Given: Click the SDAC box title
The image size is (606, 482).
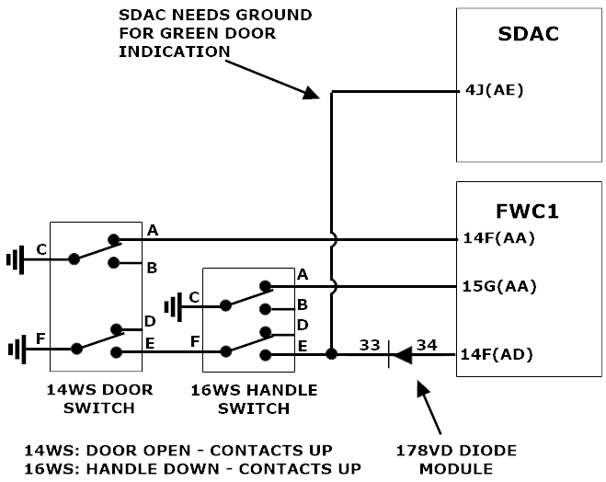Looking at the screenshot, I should (528, 34).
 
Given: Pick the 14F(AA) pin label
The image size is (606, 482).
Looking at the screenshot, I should (499, 239).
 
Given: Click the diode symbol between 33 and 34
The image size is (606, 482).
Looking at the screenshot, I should (396, 354).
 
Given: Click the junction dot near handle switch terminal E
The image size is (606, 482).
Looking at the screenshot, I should (331, 354).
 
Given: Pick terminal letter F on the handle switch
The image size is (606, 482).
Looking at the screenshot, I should (193, 342).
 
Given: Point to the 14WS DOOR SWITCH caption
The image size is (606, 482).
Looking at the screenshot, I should (100, 398).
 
